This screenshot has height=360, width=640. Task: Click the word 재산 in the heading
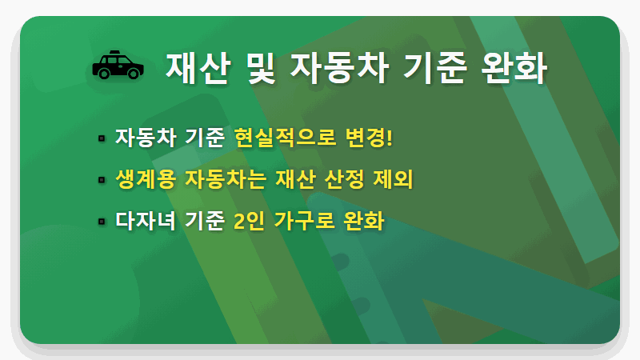point(194,67)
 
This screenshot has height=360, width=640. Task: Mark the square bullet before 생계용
point(102,179)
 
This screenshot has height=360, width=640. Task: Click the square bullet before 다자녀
point(102,221)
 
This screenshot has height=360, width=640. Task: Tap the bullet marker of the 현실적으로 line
point(102,138)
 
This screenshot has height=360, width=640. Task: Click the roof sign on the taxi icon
point(117,54)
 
